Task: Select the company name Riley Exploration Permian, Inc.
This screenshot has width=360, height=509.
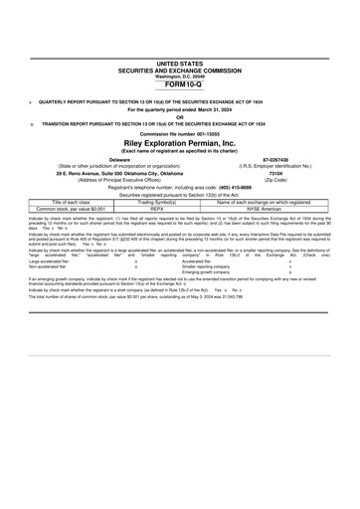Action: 179,141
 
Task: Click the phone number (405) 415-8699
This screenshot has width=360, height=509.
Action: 248,186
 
